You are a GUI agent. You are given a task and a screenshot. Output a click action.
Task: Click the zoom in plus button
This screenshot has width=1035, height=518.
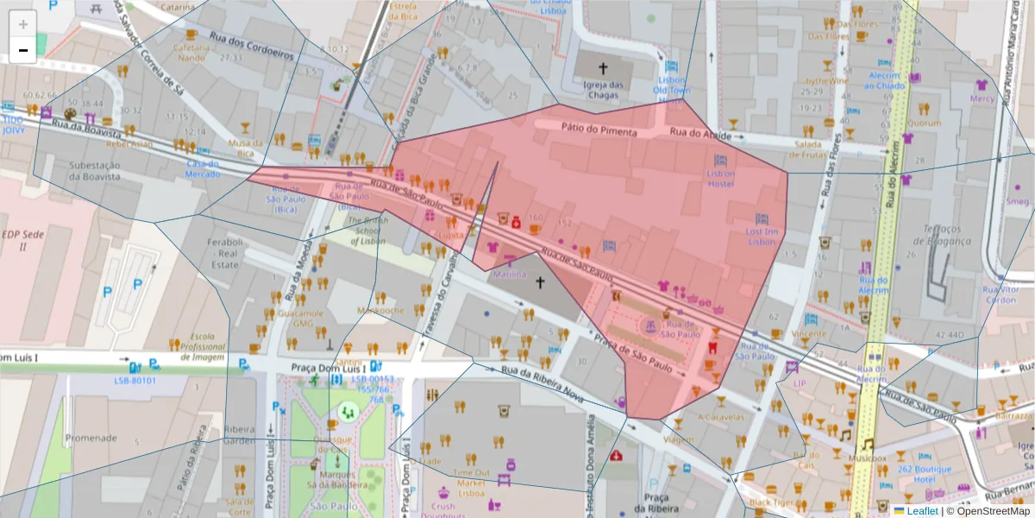point(23,25)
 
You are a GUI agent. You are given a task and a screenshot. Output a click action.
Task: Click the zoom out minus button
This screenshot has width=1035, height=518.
point(23,50)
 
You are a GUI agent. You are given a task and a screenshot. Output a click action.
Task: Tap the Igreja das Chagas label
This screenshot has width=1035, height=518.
point(603,90)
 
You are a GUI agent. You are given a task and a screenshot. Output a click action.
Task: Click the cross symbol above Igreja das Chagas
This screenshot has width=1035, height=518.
point(603,67)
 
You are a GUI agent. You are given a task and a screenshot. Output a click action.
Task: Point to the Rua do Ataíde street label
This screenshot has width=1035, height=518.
point(700,135)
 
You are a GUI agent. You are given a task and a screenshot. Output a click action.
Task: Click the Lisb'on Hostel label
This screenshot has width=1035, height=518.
point(720,178)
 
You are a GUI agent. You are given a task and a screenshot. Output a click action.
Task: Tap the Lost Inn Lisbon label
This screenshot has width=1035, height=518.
point(762,237)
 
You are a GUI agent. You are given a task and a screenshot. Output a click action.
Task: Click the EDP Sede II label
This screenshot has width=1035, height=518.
point(16,240)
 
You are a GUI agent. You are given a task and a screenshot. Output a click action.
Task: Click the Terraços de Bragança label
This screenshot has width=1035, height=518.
point(948,234)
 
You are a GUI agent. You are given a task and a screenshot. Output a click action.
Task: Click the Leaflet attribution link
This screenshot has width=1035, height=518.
point(921,510)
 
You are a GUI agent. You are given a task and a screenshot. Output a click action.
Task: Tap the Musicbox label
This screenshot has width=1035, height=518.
point(867,458)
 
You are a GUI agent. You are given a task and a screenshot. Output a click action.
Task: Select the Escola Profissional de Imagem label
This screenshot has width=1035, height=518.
point(197,346)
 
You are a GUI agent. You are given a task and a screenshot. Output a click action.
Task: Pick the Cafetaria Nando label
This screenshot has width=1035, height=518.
point(191,53)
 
